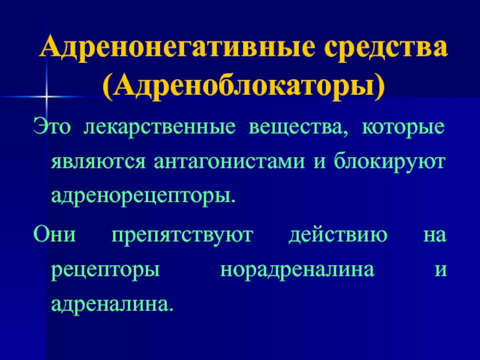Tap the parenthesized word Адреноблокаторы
(x=244, y=86)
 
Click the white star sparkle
(x=47, y=97)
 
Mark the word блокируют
(x=389, y=161)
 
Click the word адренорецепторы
(x=143, y=196)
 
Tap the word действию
(x=338, y=234)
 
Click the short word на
(x=434, y=235)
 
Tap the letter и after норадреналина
(x=440, y=269)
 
